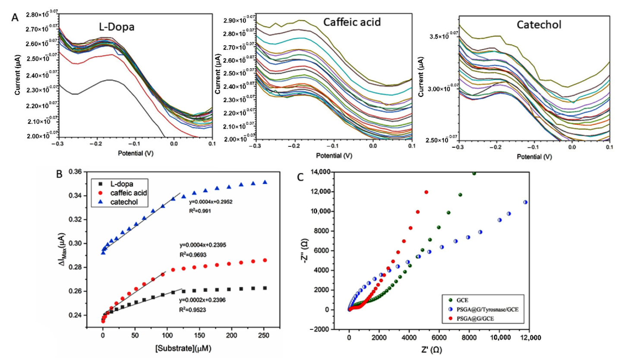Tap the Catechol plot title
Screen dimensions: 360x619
(539, 25)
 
